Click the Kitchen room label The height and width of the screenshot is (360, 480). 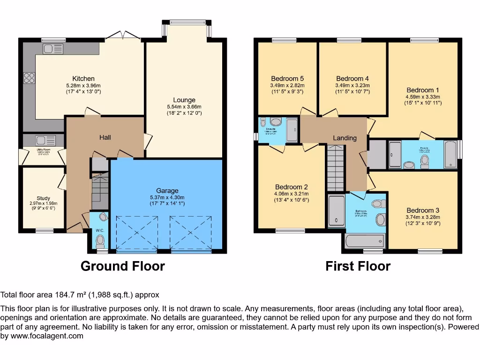pyautogui.click(x=83, y=78)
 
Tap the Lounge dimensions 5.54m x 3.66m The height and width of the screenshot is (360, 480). pyautogui.click(x=184, y=107)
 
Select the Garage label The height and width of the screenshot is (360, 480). pyautogui.click(x=167, y=190)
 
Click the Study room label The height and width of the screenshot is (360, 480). pyautogui.click(x=43, y=198)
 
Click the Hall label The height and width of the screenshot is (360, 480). pyautogui.click(x=105, y=137)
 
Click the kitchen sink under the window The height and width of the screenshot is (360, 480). pyautogui.click(x=53, y=48)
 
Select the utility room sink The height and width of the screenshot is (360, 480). pyautogui.click(x=45, y=140)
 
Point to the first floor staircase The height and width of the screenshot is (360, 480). pyautogui.click(x=335, y=168)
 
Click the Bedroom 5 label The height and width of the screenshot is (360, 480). pyautogui.click(x=287, y=78)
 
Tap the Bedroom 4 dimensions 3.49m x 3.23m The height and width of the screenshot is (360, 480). pyautogui.click(x=352, y=85)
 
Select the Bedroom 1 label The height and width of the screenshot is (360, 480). pyautogui.click(x=424, y=90)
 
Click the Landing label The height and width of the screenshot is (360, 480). pyautogui.click(x=345, y=138)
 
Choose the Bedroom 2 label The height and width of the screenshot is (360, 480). pyautogui.click(x=292, y=187)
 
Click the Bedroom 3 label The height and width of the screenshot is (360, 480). pyautogui.click(x=423, y=210)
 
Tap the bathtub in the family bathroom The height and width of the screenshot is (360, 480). pyautogui.click(x=365, y=241)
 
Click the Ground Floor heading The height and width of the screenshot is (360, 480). pyautogui.click(x=123, y=266)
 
